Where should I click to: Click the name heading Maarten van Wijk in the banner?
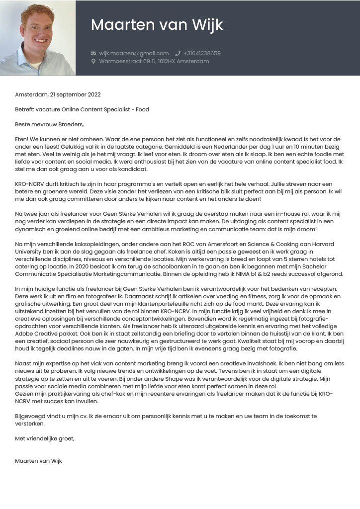point(157,25)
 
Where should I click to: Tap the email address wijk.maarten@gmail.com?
point(134,53)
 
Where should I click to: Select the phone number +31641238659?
point(202,53)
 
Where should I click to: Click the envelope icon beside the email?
point(93,53)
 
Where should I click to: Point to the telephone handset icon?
point(178,53)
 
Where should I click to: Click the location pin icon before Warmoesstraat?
point(93,62)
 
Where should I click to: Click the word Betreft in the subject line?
point(25,109)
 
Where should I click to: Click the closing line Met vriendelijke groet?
point(45,439)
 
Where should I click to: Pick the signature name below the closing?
point(39,461)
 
